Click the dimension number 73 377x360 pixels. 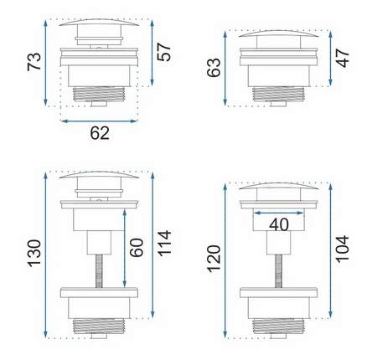[x=34, y=61]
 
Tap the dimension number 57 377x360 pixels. [x=164, y=52]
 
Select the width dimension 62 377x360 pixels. [x=100, y=133]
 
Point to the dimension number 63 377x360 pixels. [x=214, y=67]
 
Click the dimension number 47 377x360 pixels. [x=343, y=58]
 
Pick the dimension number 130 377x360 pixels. [x=34, y=253]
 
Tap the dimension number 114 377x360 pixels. [x=164, y=243]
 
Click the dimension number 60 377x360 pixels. [x=137, y=248]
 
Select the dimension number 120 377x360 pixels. [x=214, y=259]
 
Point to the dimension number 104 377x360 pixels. [x=342, y=249]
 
